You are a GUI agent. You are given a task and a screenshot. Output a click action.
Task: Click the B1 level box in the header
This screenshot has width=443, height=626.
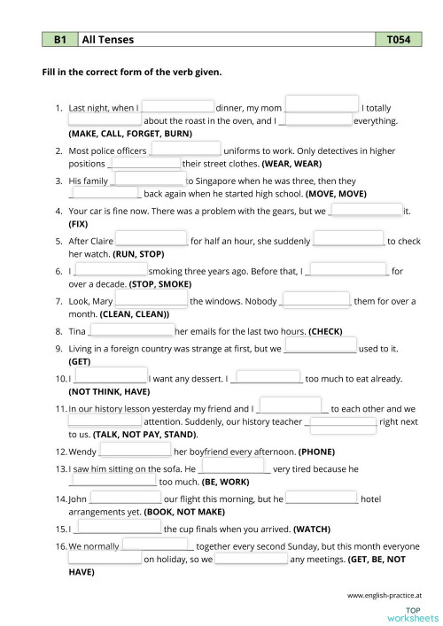(x=59, y=40)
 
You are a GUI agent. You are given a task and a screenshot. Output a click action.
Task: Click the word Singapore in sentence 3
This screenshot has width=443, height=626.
(x=208, y=181)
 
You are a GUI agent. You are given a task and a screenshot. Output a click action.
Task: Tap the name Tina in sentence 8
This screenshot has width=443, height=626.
(x=78, y=331)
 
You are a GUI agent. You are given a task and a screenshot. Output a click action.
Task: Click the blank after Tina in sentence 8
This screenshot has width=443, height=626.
(x=131, y=330)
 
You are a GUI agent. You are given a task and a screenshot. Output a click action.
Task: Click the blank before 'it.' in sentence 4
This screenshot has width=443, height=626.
(x=365, y=210)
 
